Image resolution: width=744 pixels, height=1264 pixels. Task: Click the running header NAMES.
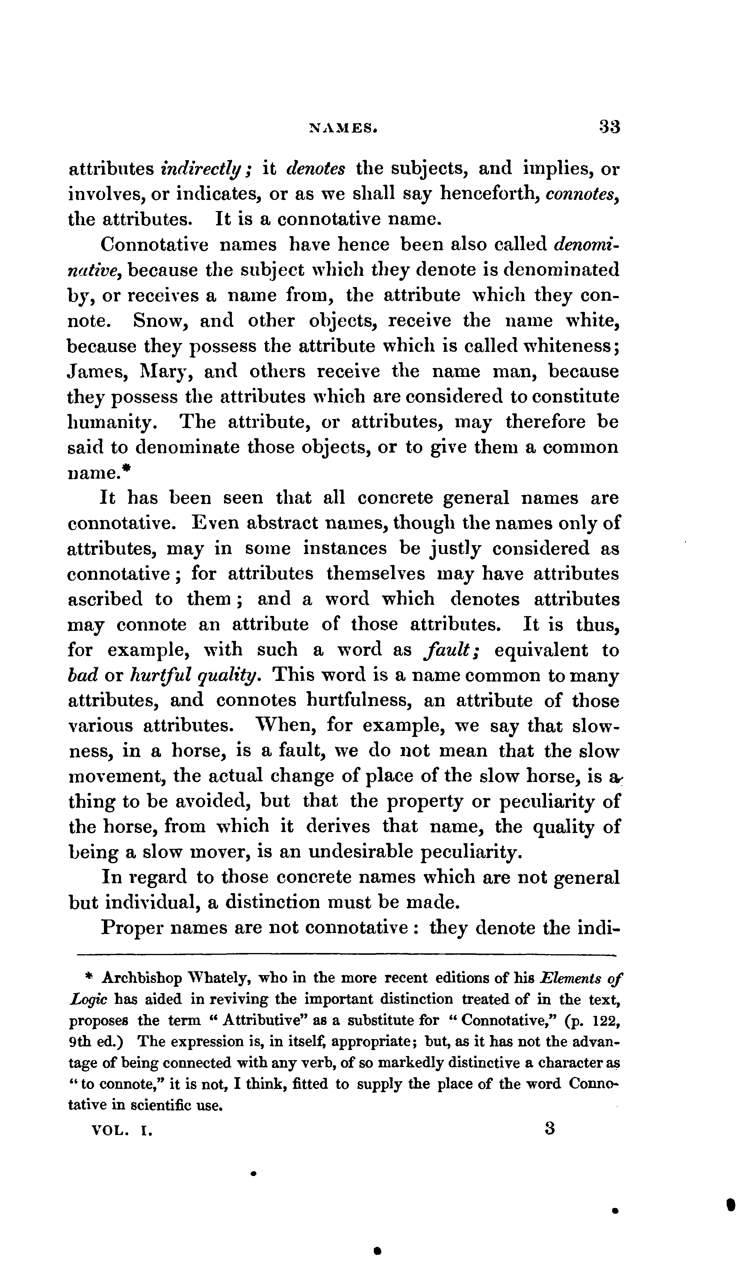pos(343,128)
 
